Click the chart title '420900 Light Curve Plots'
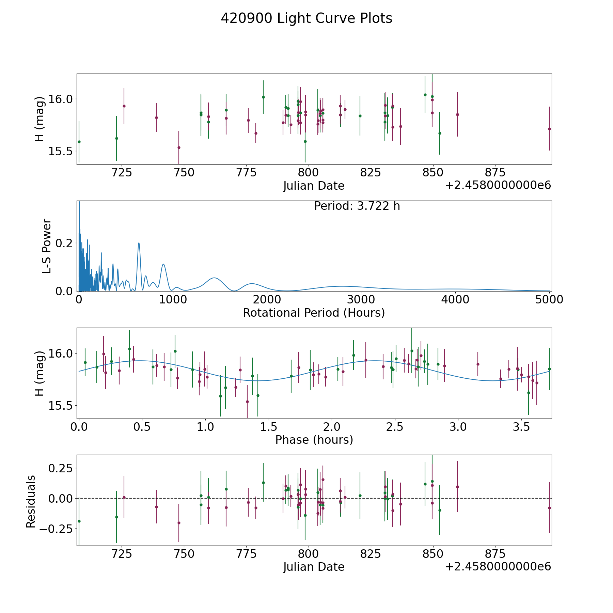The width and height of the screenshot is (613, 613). tap(306, 18)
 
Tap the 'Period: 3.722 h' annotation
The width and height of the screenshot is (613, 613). tap(357, 206)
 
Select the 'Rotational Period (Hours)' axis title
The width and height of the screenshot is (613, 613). tap(314, 313)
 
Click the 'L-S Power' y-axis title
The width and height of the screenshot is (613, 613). tap(47, 246)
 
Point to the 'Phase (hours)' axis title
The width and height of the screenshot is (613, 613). tap(314, 440)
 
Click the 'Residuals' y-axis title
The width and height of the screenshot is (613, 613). tap(31, 502)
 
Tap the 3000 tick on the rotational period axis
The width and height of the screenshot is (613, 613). tap(361, 300)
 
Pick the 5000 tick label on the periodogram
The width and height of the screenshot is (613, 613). tap(549, 300)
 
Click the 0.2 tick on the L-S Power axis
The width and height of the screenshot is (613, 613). tap(65, 243)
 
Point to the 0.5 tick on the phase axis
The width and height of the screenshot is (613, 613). tap(142, 427)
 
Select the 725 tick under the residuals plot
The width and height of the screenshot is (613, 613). tap(122, 554)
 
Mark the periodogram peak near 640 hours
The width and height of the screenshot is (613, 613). tap(139, 243)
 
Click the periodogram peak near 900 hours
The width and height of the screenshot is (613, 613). tap(163, 264)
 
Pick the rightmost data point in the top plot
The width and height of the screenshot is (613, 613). tap(549, 129)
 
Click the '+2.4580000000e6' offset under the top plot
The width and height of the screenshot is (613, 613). tap(498, 185)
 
